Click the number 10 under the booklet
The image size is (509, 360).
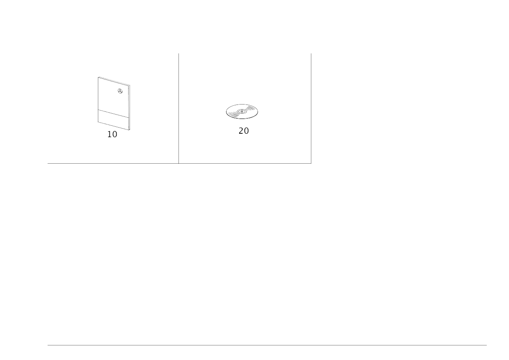pyautogui.click(x=112, y=134)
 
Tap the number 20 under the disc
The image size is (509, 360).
pyautogui.click(x=243, y=131)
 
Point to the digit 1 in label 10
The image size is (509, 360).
pyautogui.click(x=109, y=134)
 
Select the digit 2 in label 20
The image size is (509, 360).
pyautogui.click(x=241, y=131)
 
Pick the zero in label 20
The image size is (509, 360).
pyautogui.click(x=246, y=131)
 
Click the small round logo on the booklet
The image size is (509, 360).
pyautogui.click(x=120, y=91)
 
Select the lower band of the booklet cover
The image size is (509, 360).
pyautogui.click(x=113, y=119)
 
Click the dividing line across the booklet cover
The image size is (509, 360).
pyautogui.click(x=113, y=113)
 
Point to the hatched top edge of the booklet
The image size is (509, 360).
pyautogui.click(x=114, y=81)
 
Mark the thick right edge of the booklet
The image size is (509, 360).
pyautogui.click(x=129, y=108)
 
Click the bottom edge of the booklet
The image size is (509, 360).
pyautogui.click(x=113, y=126)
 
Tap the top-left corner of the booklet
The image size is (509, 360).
pyautogui.click(x=99, y=77)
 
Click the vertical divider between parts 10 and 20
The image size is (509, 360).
pyautogui.click(x=179, y=108)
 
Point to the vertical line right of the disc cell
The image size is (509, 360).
pyautogui.click(x=311, y=108)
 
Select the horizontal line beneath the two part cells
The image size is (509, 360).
pyautogui.click(x=179, y=163)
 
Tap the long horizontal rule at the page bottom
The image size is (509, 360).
pyautogui.click(x=267, y=345)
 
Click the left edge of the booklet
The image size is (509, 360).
pyautogui.click(x=98, y=100)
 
